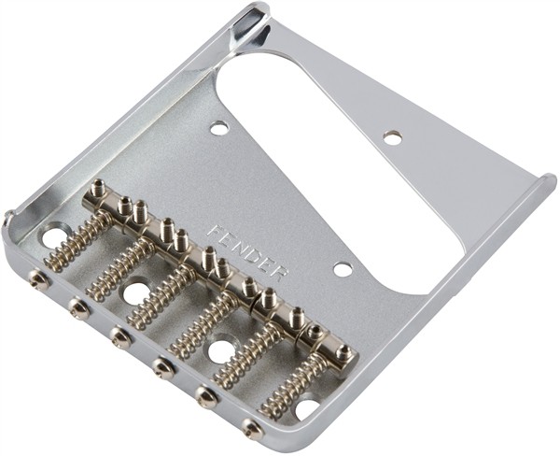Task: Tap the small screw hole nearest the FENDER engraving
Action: pos(343,269)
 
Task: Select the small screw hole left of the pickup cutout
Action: pos(218,127)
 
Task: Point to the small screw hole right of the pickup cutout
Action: pos(392,136)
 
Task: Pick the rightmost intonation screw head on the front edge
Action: pos(251,429)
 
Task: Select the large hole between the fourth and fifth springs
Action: pos(221,352)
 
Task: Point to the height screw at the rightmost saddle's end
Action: pos(342,354)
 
